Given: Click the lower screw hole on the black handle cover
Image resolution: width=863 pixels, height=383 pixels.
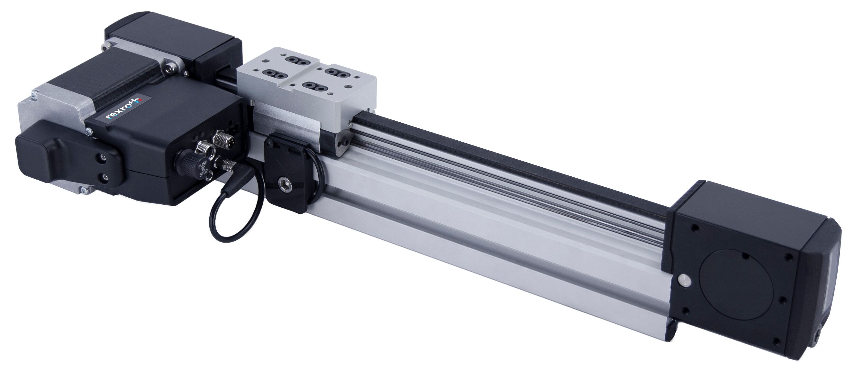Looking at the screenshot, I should (x=105, y=177).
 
